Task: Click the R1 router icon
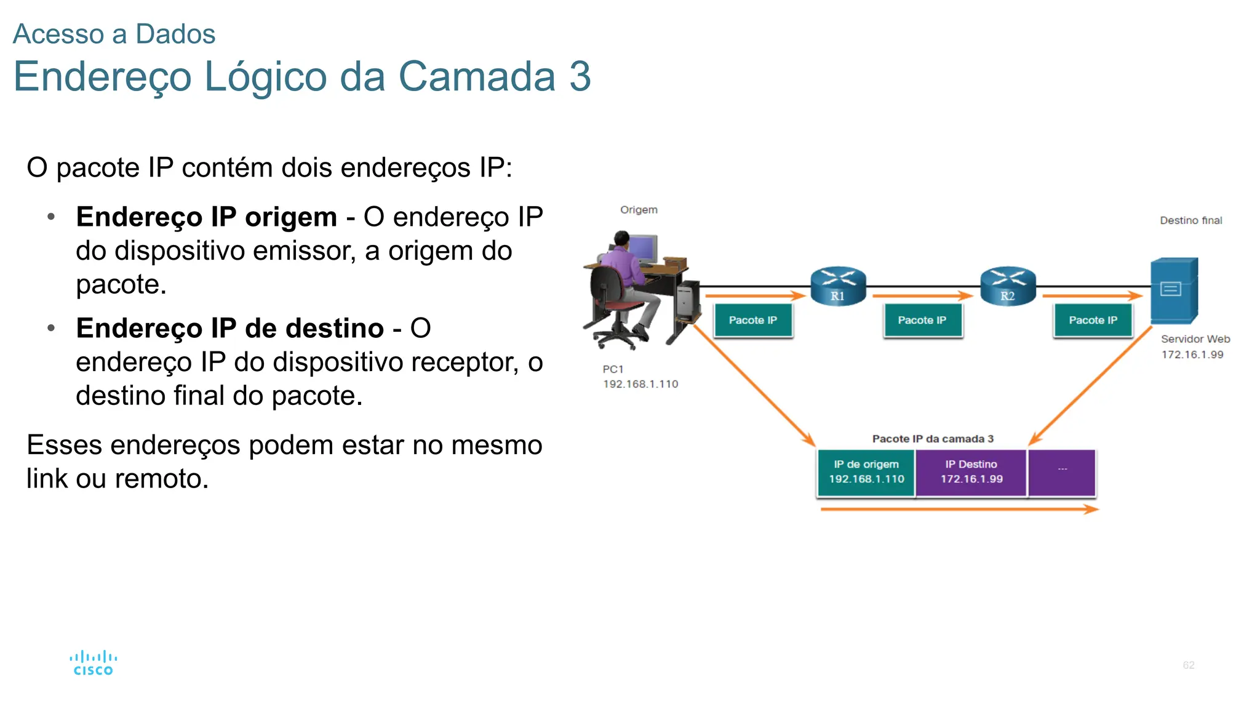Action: click(838, 286)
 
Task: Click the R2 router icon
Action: click(1008, 286)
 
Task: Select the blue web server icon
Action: click(1174, 290)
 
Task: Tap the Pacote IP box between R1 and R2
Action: click(922, 321)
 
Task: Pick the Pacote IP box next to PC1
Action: click(753, 321)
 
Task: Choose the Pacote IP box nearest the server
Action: click(1093, 321)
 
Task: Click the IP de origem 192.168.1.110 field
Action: click(866, 472)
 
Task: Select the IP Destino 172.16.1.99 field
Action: click(971, 472)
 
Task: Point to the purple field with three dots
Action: click(1062, 472)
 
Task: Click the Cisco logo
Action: click(93, 663)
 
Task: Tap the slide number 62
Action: click(1188, 665)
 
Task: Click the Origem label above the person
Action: click(639, 210)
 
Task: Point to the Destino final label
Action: click(1190, 220)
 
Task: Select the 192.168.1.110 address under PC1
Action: click(640, 384)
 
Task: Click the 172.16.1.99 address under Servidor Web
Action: click(1192, 354)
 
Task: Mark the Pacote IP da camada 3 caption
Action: click(933, 439)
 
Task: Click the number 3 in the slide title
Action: click(580, 77)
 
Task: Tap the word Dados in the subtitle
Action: click(175, 34)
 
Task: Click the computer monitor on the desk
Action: click(643, 249)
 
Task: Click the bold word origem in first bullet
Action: click(290, 217)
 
